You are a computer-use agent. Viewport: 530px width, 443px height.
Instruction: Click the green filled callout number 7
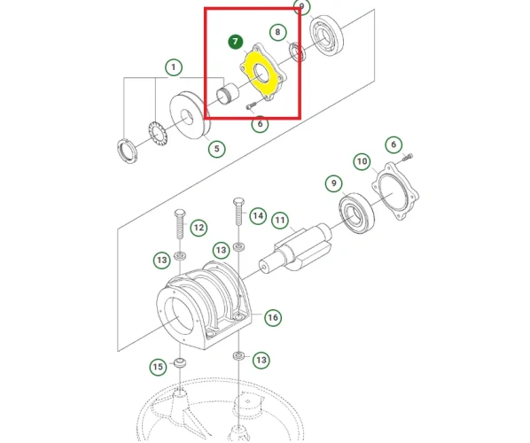pos(235,42)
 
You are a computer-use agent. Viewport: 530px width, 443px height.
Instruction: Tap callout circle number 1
pos(173,67)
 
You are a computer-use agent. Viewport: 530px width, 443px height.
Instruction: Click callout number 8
pos(278,33)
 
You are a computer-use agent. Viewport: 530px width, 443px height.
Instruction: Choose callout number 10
pos(362,161)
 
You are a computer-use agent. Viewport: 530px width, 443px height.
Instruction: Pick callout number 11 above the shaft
pos(280,220)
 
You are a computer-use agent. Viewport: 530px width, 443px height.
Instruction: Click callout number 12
pos(199,228)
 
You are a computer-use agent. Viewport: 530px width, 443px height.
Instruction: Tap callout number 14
pos(257,215)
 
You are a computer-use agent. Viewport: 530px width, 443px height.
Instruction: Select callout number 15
pos(157,366)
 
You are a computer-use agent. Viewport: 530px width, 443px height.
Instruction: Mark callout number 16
pos(272,316)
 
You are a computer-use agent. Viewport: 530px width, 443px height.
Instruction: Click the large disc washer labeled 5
pos(189,113)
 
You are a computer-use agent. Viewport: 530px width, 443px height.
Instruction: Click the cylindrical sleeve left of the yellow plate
pos(229,91)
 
